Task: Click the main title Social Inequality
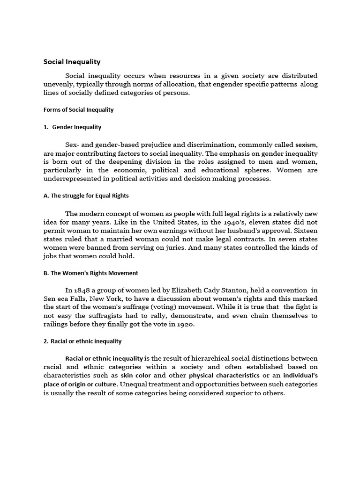tap(72, 61)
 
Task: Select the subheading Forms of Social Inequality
tap(78, 110)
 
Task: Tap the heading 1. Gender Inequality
tap(72, 127)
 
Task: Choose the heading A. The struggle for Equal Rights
tap(86, 196)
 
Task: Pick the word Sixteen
tap(304, 230)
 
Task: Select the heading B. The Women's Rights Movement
tap(91, 273)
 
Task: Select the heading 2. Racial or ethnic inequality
tap(82, 341)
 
